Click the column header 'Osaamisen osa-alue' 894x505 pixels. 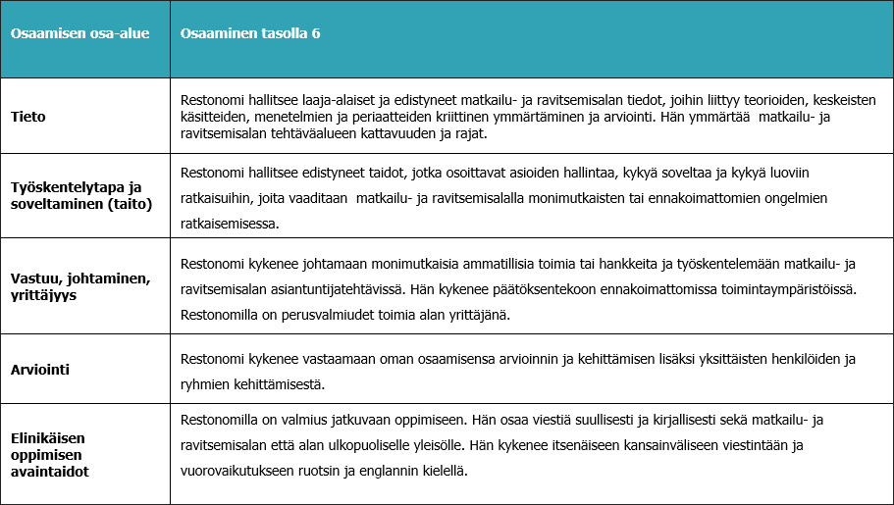pos(79,33)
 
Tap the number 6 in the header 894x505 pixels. pos(316,33)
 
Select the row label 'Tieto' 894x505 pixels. pos(28,117)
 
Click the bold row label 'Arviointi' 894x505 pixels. pos(42,371)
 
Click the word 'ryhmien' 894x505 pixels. pos(205,383)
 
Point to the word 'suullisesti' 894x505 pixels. pos(534,420)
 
